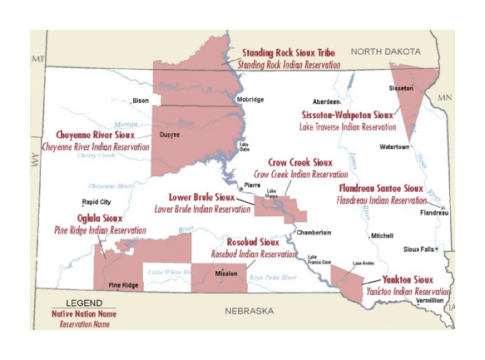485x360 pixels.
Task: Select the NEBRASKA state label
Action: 249,310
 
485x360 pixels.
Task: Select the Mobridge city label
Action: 250,100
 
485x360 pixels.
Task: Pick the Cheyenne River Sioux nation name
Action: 95,134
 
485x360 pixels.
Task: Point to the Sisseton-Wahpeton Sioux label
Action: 348,115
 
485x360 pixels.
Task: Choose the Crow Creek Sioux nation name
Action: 300,163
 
